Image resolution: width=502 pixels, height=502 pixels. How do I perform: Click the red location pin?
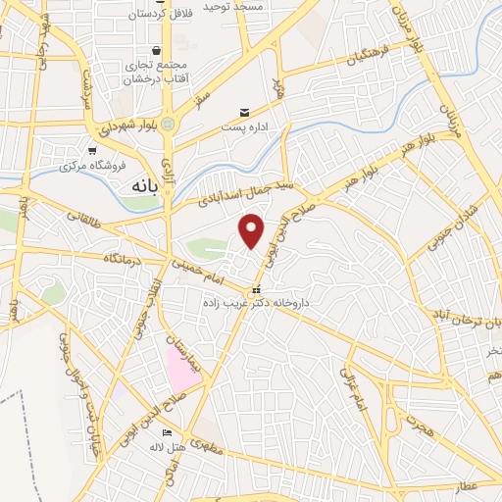click(x=252, y=231)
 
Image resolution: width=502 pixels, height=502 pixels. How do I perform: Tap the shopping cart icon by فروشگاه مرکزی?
click(x=91, y=151)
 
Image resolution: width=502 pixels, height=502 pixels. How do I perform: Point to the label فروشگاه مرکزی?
click(x=88, y=165)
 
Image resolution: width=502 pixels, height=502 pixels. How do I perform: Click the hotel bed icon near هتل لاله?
click(x=166, y=433)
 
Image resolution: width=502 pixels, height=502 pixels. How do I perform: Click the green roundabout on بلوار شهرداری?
click(x=168, y=125)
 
